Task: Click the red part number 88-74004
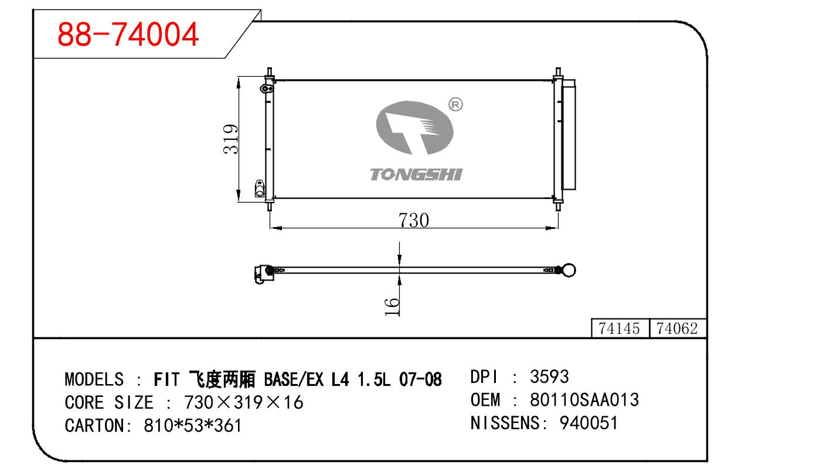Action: pyautogui.click(x=128, y=35)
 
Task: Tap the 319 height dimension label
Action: pyautogui.click(x=230, y=139)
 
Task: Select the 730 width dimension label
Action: pyautogui.click(x=413, y=220)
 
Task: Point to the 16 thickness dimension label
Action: pyautogui.click(x=392, y=307)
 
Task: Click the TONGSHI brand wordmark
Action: pyautogui.click(x=416, y=174)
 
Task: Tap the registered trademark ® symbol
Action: pyautogui.click(x=455, y=105)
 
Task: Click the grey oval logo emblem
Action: pyautogui.click(x=415, y=128)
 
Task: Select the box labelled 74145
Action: pyautogui.click(x=620, y=328)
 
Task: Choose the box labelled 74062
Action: pyautogui.click(x=677, y=328)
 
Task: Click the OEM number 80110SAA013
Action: pyautogui.click(x=584, y=400)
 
